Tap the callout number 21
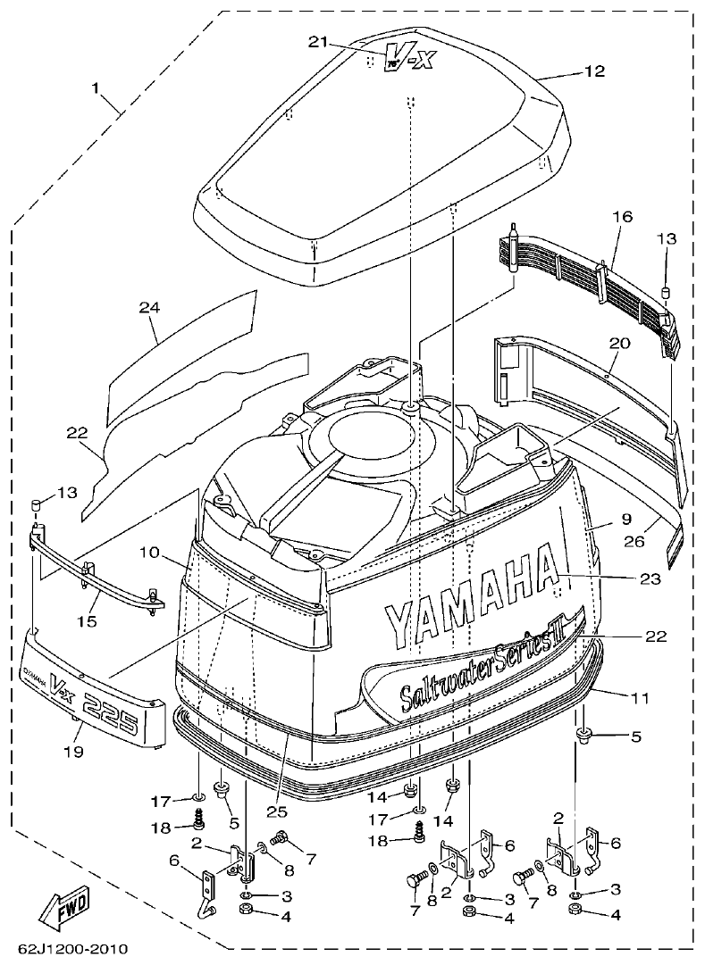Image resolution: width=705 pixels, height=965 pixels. point(319,42)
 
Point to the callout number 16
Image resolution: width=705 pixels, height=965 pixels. point(622,217)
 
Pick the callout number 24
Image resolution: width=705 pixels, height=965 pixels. point(148,308)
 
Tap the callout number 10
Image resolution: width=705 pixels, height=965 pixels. point(149,553)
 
